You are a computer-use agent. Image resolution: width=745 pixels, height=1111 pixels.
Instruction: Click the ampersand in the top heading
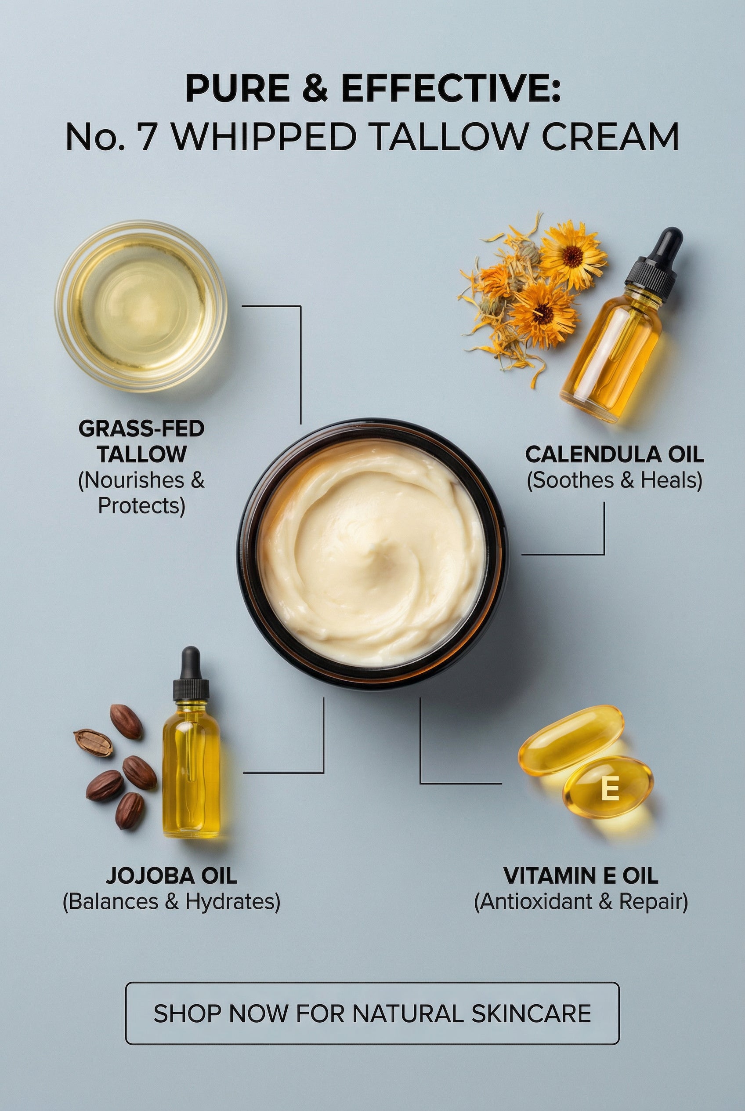pyautogui.click(x=315, y=89)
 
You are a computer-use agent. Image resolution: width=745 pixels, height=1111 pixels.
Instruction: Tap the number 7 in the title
pyautogui.click(x=151, y=136)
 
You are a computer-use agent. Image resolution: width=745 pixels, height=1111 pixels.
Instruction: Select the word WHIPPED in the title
pyautogui.click(x=263, y=136)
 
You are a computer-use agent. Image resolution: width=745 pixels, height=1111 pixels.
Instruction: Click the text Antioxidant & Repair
pyautogui.click(x=581, y=902)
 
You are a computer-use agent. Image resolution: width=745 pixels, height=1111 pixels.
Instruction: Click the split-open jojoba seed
pyautogui.click(x=93, y=743)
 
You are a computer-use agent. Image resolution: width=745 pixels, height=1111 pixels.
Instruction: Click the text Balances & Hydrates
pyautogui.click(x=171, y=902)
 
